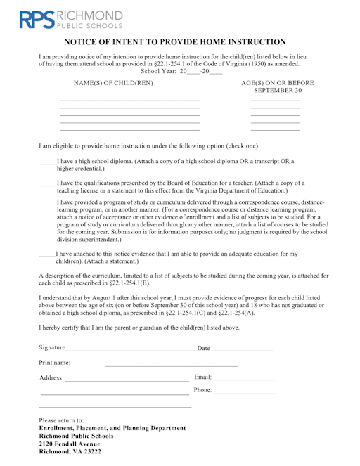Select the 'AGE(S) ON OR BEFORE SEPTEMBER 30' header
277,86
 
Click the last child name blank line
129,130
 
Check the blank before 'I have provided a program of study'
47,203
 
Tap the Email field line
244,380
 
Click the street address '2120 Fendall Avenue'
70,444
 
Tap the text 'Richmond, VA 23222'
70,453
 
